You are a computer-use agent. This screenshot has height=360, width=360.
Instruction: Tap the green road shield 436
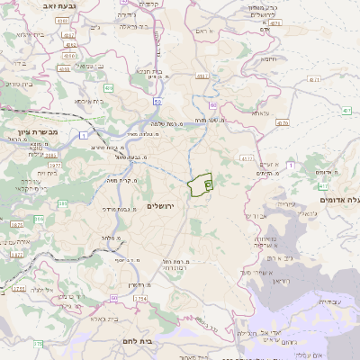[x=108, y=88]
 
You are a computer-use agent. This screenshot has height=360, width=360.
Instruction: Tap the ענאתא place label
[x=260, y=113]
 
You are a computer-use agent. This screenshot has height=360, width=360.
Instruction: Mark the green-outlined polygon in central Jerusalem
[x=200, y=184]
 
